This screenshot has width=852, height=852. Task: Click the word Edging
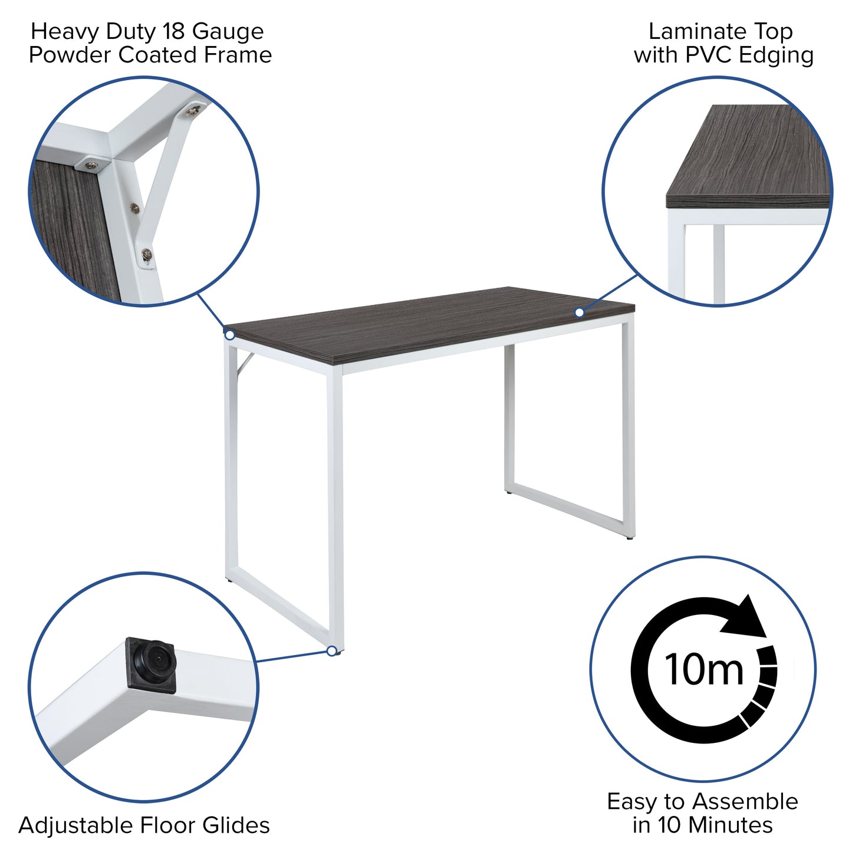tap(777, 56)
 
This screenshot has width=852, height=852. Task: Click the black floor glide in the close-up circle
tap(152, 664)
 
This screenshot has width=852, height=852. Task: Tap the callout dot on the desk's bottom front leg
tap(332, 651)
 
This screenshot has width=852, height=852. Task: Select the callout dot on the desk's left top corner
tap(230, 335)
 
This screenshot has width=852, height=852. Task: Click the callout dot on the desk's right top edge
tap(580, 312)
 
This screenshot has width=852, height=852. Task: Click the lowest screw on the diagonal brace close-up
tap(147, 254)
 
